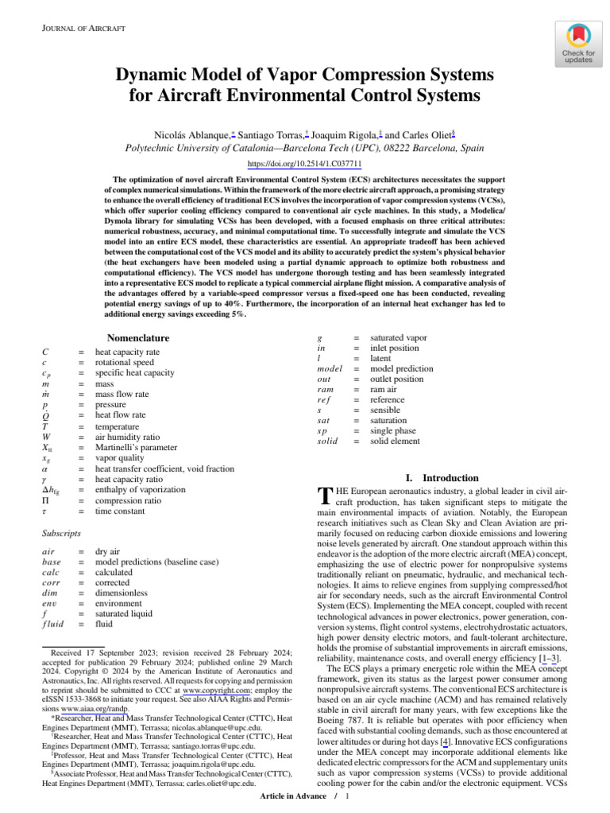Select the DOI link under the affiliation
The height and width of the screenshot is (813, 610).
(305, 164)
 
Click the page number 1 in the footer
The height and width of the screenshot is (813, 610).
(347, 796)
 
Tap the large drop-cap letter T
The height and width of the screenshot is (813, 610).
(322, 498)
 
